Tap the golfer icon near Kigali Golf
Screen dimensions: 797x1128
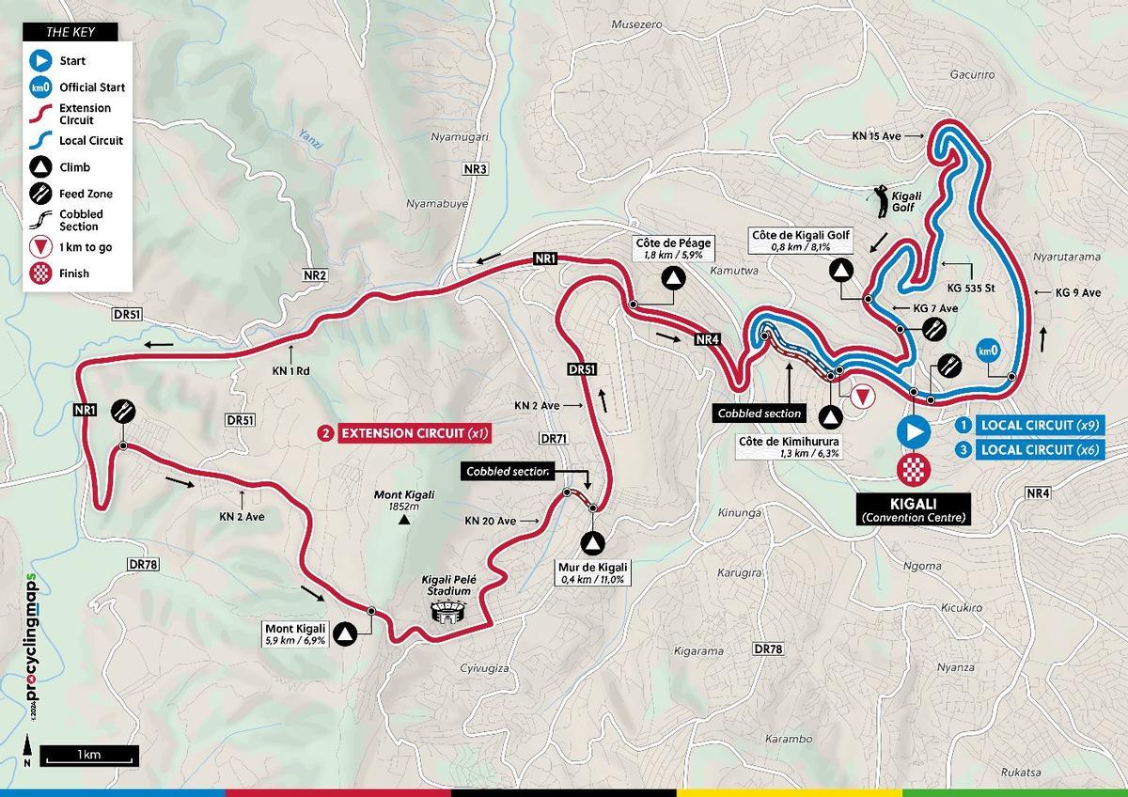coord(883,200)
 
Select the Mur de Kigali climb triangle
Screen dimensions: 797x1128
coord(592,542)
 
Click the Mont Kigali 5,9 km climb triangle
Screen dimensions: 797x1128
coord(346,634)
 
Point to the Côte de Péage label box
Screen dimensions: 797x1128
coord(673,248)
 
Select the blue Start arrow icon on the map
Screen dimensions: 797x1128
coord(912,431)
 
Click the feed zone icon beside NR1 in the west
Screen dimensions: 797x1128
coord(123,411)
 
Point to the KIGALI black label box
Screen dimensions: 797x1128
coord(912,508)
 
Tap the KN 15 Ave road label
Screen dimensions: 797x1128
coord(876,136)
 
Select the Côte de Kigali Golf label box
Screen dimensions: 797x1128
coord(801,240)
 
